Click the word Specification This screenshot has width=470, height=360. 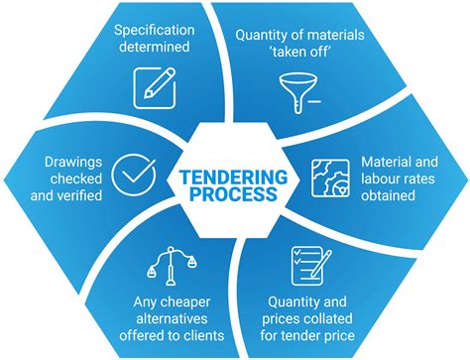point(155,30)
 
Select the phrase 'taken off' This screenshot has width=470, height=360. point(300,52)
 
